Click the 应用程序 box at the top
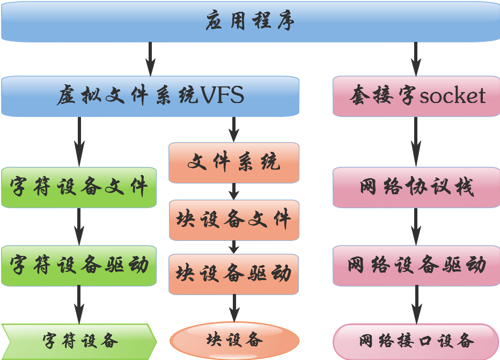pos(250,21)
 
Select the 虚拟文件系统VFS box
pos(150,96)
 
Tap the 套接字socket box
pos(416,96)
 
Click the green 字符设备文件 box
pos(79,187)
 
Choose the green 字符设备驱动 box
pos(79,266)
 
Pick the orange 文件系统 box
pos(234,163)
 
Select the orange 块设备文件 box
pos(234,220)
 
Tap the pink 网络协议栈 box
pos(416,187)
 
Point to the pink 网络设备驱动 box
pos(416,266)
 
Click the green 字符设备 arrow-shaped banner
pos(79,341)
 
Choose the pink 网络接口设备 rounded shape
pos(416,341)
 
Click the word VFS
pos(222,96)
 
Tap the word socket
pos(452,96)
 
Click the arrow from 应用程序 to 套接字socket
pos(416,58)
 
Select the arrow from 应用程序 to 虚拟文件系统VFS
pos(150,58)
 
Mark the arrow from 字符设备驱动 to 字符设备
pos(79,305)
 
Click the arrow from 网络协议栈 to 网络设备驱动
pos(416,226)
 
